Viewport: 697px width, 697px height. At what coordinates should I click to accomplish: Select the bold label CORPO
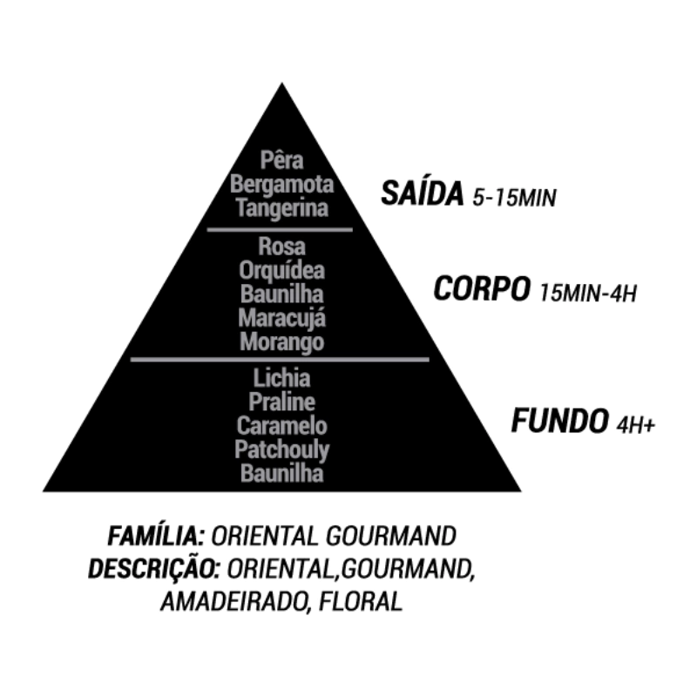(482, 288)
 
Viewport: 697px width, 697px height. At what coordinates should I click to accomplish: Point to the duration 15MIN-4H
(588, 292)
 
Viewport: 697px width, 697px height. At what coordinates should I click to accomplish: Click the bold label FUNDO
(558, 422)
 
